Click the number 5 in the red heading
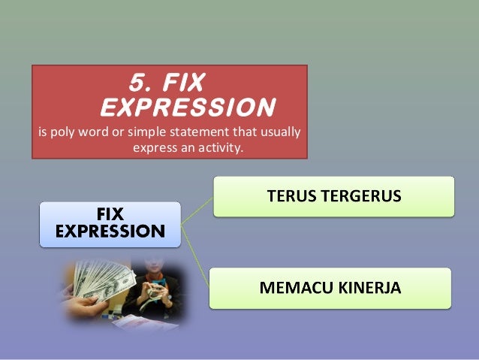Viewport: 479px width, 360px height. [137, 81]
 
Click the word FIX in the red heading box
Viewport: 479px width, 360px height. [178, 81]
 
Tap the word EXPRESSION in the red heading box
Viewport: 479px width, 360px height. [187, 107]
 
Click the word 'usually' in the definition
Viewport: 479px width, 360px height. [279, 134]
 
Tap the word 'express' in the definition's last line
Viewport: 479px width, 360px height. [152, 148]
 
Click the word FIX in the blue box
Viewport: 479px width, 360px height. [110, 216]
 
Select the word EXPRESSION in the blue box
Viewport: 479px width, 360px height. [110, 231]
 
